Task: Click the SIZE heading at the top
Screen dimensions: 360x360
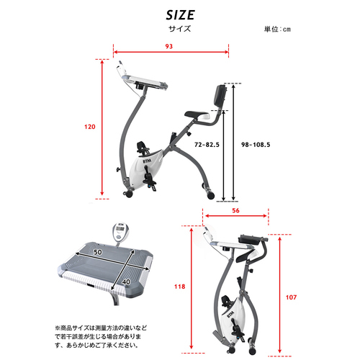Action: (x=180, y=15)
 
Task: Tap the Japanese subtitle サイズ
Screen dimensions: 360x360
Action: (x=179, y=29)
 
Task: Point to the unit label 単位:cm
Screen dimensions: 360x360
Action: (x=277, y=30)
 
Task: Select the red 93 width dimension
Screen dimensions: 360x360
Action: (x=169, y=46)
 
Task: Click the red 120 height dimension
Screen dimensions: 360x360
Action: (x=90, y=127)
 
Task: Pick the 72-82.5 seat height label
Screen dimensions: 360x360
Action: (x=207, y=145)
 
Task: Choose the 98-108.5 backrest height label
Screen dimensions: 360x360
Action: (x=256, y=145)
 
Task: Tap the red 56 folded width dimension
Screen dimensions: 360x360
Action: (x=235, y=210)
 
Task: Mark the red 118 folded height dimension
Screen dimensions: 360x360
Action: (x=180, y=287)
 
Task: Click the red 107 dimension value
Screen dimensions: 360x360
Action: (x=291, y=297)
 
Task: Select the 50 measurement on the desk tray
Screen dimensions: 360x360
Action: (x=98, y=252)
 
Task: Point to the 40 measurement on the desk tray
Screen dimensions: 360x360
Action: (x=126, y=282)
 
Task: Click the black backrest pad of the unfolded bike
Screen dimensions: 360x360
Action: (x=221, y=96)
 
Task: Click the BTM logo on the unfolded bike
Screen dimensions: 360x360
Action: (x=147, y=161)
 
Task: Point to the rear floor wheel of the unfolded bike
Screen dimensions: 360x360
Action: (x=210, y=194)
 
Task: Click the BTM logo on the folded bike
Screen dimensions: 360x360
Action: (x=231, y=315)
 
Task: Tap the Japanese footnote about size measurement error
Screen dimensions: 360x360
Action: (x=100, y=336)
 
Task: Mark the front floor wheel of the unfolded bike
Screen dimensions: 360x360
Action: (x=129, y=194)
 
